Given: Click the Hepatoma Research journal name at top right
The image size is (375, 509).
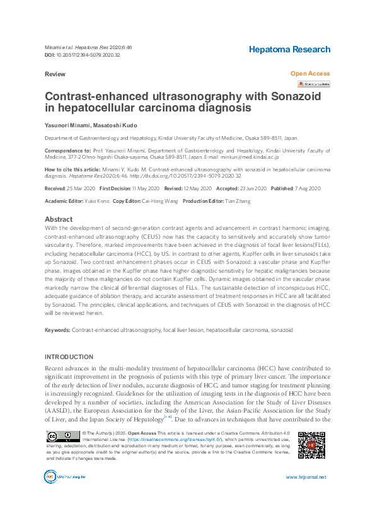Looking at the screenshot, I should coord(289,49).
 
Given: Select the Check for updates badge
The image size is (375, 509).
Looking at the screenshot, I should coord(313,84).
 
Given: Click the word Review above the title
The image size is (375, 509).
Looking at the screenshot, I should coord(55,74).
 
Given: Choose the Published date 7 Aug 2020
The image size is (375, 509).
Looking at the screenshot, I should coord(305,188).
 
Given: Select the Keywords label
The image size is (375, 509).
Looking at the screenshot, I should coord(57,330).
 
